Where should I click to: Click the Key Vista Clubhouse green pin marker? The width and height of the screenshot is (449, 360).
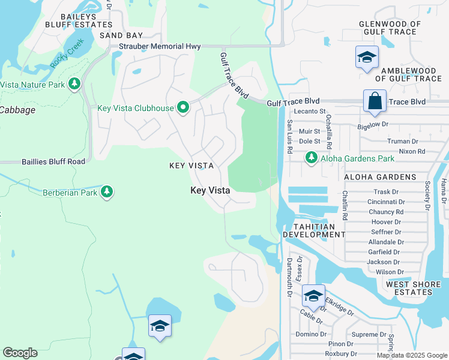point(183,109)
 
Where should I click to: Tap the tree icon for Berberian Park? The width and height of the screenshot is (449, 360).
point(107,192)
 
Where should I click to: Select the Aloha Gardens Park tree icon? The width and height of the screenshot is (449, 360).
point(311,158)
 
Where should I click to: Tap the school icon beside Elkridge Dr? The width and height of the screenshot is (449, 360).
point(313,296)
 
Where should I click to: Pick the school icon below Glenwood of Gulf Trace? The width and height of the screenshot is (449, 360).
point(367,58)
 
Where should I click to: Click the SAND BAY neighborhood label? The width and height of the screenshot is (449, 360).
point(121,35)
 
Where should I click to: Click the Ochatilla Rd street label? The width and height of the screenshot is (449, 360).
point(329,133)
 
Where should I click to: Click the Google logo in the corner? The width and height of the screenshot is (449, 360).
point(20,353)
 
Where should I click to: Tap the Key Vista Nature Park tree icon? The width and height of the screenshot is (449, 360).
point(74,84)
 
